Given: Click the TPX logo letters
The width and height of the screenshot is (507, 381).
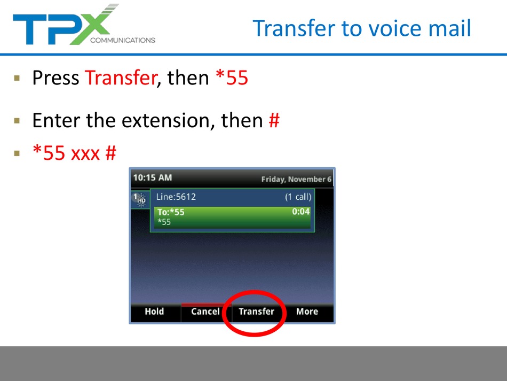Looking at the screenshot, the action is [65, 25].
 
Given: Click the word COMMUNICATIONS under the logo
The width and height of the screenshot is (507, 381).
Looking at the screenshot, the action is [123, 40].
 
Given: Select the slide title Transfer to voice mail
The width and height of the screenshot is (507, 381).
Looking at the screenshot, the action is [362, 28].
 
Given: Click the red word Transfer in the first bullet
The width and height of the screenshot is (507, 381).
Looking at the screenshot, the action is [121, 77].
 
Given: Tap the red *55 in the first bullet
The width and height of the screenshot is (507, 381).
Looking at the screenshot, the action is [232, 77].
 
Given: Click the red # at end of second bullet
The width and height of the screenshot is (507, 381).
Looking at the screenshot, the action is [274, 120].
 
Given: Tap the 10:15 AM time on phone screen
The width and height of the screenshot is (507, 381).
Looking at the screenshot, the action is [153, 178].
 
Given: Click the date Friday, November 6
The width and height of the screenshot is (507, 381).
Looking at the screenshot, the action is [296, 180].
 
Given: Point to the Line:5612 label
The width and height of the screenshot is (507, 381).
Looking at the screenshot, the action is [176, 197].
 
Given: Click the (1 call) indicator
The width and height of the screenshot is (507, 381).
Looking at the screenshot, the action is [298, 197].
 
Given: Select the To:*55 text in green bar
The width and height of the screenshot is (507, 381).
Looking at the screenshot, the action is [171, 212].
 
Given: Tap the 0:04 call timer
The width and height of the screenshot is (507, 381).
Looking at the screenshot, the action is [300, 212].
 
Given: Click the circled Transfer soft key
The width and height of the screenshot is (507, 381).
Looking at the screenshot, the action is [256, 312].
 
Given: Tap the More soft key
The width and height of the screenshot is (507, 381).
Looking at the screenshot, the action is [307, 312].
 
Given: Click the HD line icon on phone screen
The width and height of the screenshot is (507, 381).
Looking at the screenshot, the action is [140, 199].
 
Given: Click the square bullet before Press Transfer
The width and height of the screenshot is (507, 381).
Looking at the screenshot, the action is [17, 78].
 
